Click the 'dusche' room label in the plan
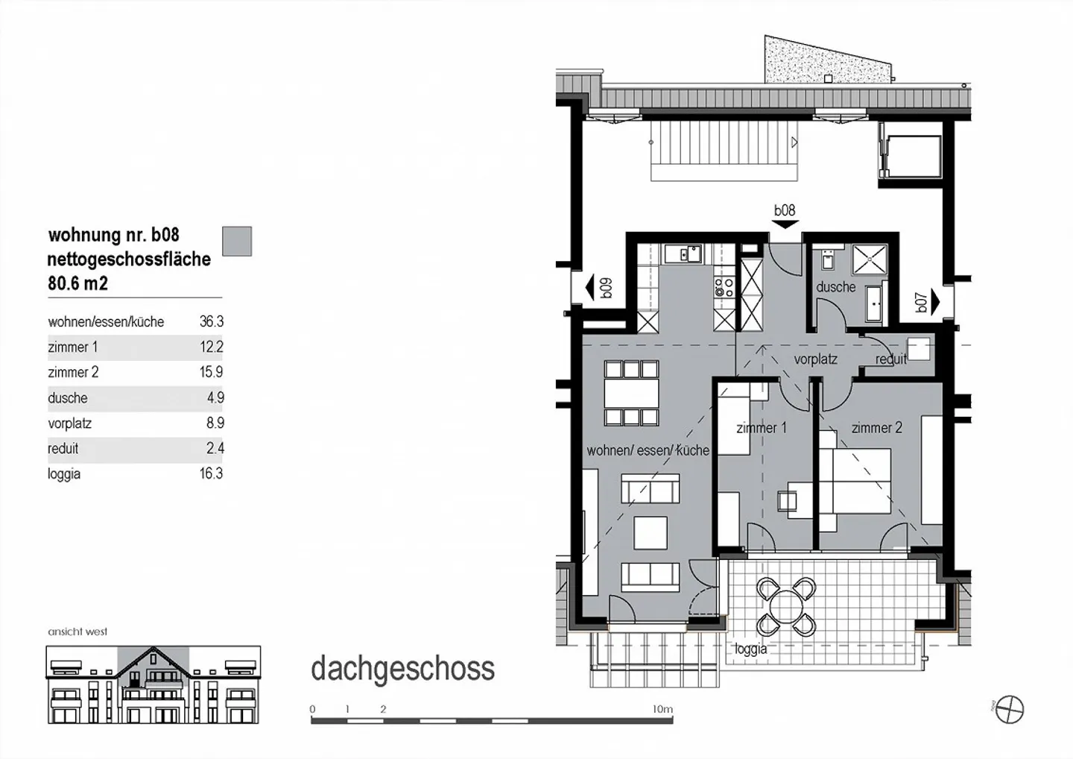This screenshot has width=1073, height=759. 835,287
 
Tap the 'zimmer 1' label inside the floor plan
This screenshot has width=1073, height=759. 761,428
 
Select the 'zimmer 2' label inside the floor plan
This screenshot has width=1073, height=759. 876,428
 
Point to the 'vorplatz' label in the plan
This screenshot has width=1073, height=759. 815,359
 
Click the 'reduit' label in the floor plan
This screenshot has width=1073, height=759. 890,359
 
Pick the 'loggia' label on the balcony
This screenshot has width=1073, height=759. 750,649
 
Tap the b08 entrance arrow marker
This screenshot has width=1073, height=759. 785,223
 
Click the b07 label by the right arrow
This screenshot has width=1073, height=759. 921,302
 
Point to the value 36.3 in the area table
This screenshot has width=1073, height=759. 211,322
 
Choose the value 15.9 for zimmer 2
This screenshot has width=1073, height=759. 211,372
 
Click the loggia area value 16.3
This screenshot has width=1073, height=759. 211,473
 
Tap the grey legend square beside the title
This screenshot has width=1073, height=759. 237,242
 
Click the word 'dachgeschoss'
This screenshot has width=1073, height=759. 402,669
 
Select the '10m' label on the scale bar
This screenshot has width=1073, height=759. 662,709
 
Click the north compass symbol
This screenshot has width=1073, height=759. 1011,708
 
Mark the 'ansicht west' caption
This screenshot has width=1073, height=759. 77,632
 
